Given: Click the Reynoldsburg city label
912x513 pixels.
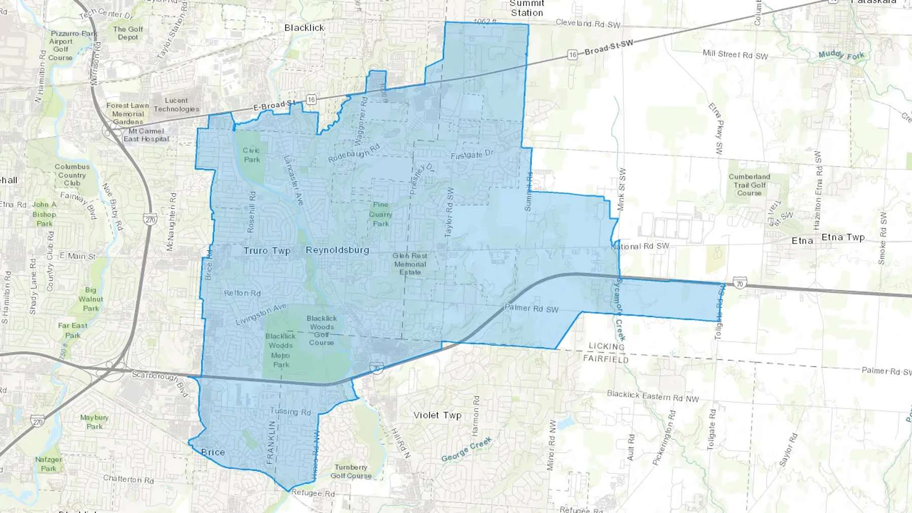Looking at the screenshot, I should [337, 250].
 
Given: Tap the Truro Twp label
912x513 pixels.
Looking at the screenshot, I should [267, 251].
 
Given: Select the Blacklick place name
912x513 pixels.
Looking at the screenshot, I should [304, 28].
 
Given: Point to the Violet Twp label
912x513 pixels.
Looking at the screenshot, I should [437, 415].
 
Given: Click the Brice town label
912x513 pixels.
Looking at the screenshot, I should [213, 452].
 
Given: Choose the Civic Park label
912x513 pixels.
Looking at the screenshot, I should [251, 155].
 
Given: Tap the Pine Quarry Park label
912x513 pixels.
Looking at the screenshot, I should [381, 214].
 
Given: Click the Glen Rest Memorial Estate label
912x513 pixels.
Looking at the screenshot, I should [410, 264].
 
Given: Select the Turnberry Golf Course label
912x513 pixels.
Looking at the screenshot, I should [351, 471].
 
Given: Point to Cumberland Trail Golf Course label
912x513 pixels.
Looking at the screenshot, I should [749, 185].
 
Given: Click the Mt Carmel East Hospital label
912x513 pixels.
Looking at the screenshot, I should [146, 135].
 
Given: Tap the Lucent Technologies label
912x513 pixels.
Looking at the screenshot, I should [176, 105].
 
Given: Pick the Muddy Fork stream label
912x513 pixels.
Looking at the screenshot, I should [841, 55].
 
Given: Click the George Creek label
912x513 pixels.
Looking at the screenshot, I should [466, 450].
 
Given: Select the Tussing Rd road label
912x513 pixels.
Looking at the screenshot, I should [290, 411].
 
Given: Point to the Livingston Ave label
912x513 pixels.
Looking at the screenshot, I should [261, 314].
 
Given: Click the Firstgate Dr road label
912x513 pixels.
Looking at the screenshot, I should [472, 154].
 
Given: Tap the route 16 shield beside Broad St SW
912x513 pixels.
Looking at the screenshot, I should [572, 55].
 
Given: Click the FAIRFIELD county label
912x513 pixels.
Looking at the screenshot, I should [605, 359].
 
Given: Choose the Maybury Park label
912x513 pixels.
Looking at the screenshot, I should [94, 422].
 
